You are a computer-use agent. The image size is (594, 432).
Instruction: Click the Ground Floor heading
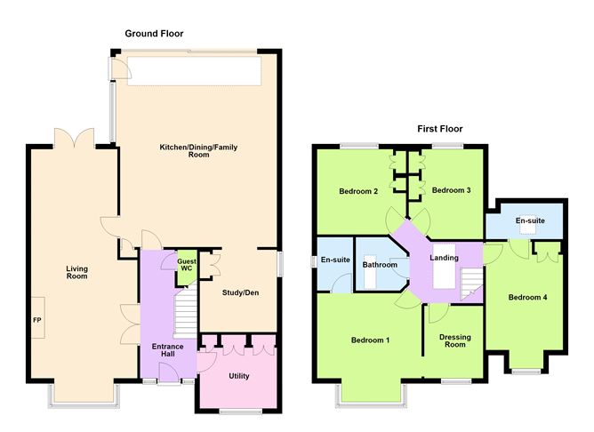pyautogui.click(x=154, y=34)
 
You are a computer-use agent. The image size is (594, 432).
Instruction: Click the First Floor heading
pyautogui.click(x=440, y=129)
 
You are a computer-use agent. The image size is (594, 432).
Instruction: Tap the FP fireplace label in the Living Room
pyautogui.click(x=37, y=320)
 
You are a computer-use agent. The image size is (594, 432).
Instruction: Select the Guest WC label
pyautogui.click(x=187, y=265)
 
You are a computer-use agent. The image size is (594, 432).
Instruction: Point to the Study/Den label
pyautogui.click(x=241, y=292)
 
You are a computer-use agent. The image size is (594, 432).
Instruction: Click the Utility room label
pyautogui.click(x=239, y=376)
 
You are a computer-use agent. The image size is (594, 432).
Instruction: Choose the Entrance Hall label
pyautogui.click(x=167, y=350)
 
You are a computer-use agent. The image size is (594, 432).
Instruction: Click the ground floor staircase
pyautogui.click(x=185, y=311)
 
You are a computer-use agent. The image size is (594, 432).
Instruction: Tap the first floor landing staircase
pyautogui.click(x=471, y=284)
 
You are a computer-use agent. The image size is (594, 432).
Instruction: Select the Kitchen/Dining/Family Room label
pyautogui.click(x=198, y=151)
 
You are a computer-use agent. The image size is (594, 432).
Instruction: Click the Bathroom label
pyautogui.click(x=380, y=265)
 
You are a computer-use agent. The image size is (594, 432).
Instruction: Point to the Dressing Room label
pyautogui.click(x=455, y=340)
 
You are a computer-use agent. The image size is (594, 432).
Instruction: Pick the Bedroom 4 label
pyautogui.click(x=527, y=298)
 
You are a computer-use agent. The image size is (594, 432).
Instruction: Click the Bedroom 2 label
pyautogui.click(x=358, y=191)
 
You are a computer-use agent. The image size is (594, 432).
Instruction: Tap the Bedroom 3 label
pyautogui.click(x=451, y=190)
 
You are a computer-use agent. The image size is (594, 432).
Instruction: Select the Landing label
pyautogui.click(x=444, y=258)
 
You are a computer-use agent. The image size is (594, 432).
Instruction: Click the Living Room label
pyautogui.click(x=76, y=273)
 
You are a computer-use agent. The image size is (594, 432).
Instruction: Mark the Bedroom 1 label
pyautogui.click(x=370, y=340)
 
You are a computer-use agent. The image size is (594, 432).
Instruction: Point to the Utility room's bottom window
pyautogui.click(x=240, y=412)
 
